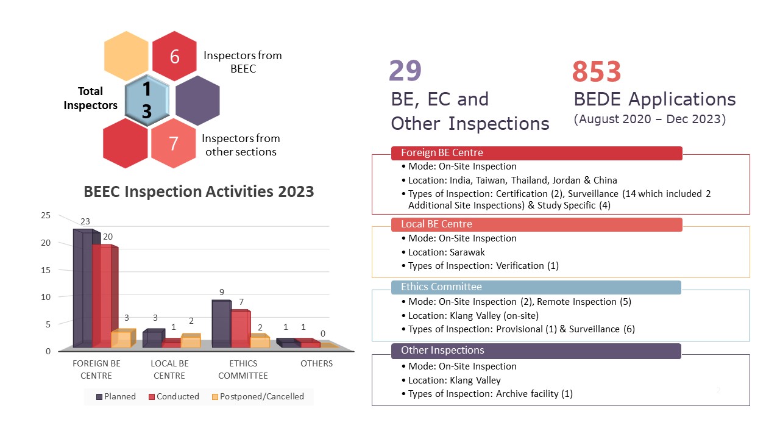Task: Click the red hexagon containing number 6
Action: point(174,56)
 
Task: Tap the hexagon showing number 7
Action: point(174,143)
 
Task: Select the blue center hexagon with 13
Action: point(146,101)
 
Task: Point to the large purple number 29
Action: point(405,71)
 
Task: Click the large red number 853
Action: point(597,72)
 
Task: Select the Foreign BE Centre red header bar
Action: point(536,152)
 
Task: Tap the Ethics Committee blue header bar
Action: point(536,287)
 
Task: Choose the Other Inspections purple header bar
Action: point(536,351)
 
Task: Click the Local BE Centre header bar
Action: point(536,224)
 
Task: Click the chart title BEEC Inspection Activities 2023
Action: point(199,191)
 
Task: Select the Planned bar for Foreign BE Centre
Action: point(83,290)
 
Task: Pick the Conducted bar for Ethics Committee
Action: point(240,329)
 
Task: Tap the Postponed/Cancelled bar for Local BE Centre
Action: point(191,341)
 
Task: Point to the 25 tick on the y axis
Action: point(46,215)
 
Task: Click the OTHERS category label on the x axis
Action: point(317,363)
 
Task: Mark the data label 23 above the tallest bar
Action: point(85,223)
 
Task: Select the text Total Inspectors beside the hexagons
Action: point(90,98)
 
